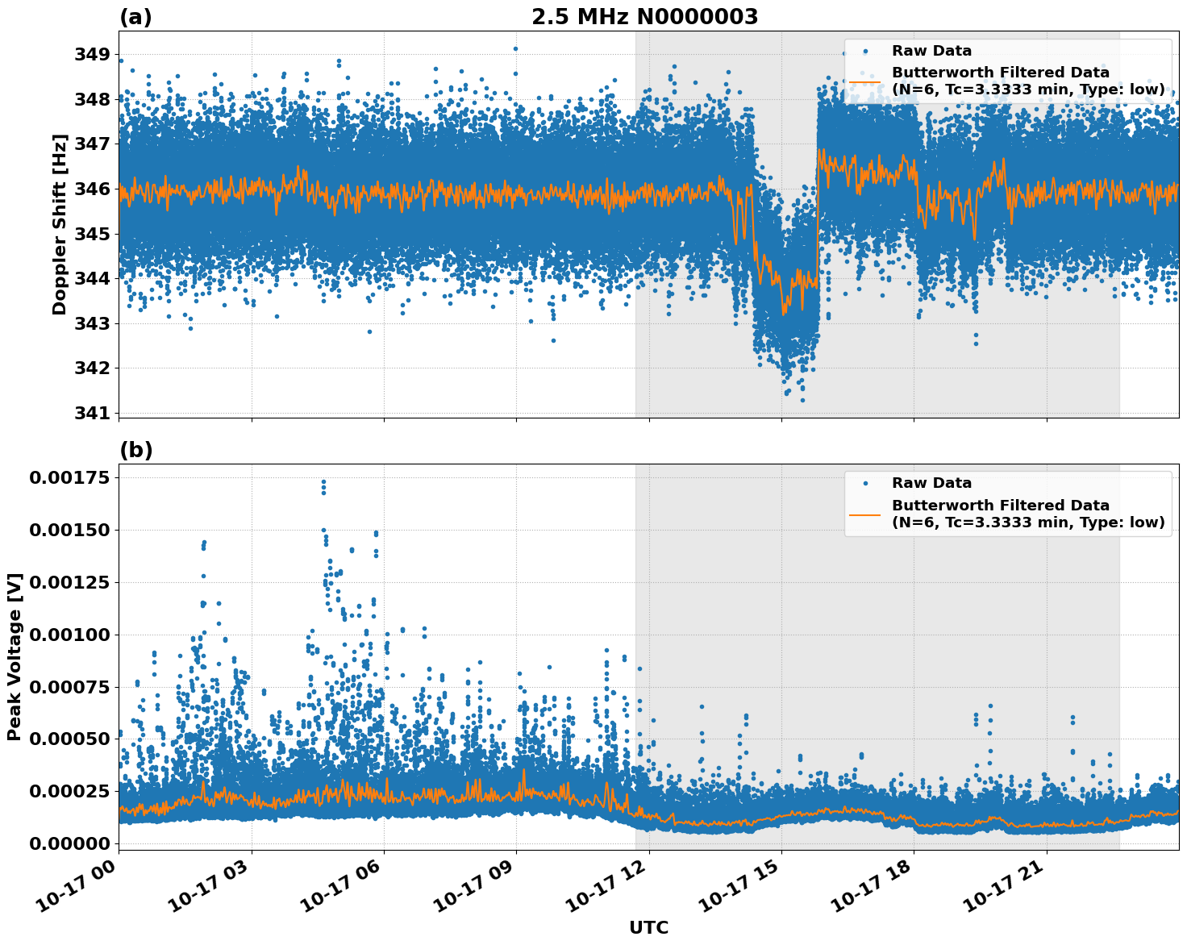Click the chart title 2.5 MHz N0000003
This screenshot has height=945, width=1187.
coord(644,17)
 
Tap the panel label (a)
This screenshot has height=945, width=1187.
coord(135,17)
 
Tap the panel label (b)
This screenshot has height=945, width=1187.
coord(135,450)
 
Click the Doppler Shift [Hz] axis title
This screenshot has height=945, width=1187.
coord(60,224)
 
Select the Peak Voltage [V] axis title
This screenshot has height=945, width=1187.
coord(15,656)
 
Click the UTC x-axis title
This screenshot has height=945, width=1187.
coord(648,927)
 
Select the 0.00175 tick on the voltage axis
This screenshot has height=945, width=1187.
coord(69,477)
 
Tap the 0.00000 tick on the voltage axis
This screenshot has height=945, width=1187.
coord(69,843)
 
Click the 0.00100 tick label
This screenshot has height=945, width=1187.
coord(69,635)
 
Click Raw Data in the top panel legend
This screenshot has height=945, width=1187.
coord(931,51)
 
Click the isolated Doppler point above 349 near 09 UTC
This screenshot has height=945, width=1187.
coord(515,48)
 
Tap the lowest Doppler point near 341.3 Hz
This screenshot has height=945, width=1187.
coord(802,400)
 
